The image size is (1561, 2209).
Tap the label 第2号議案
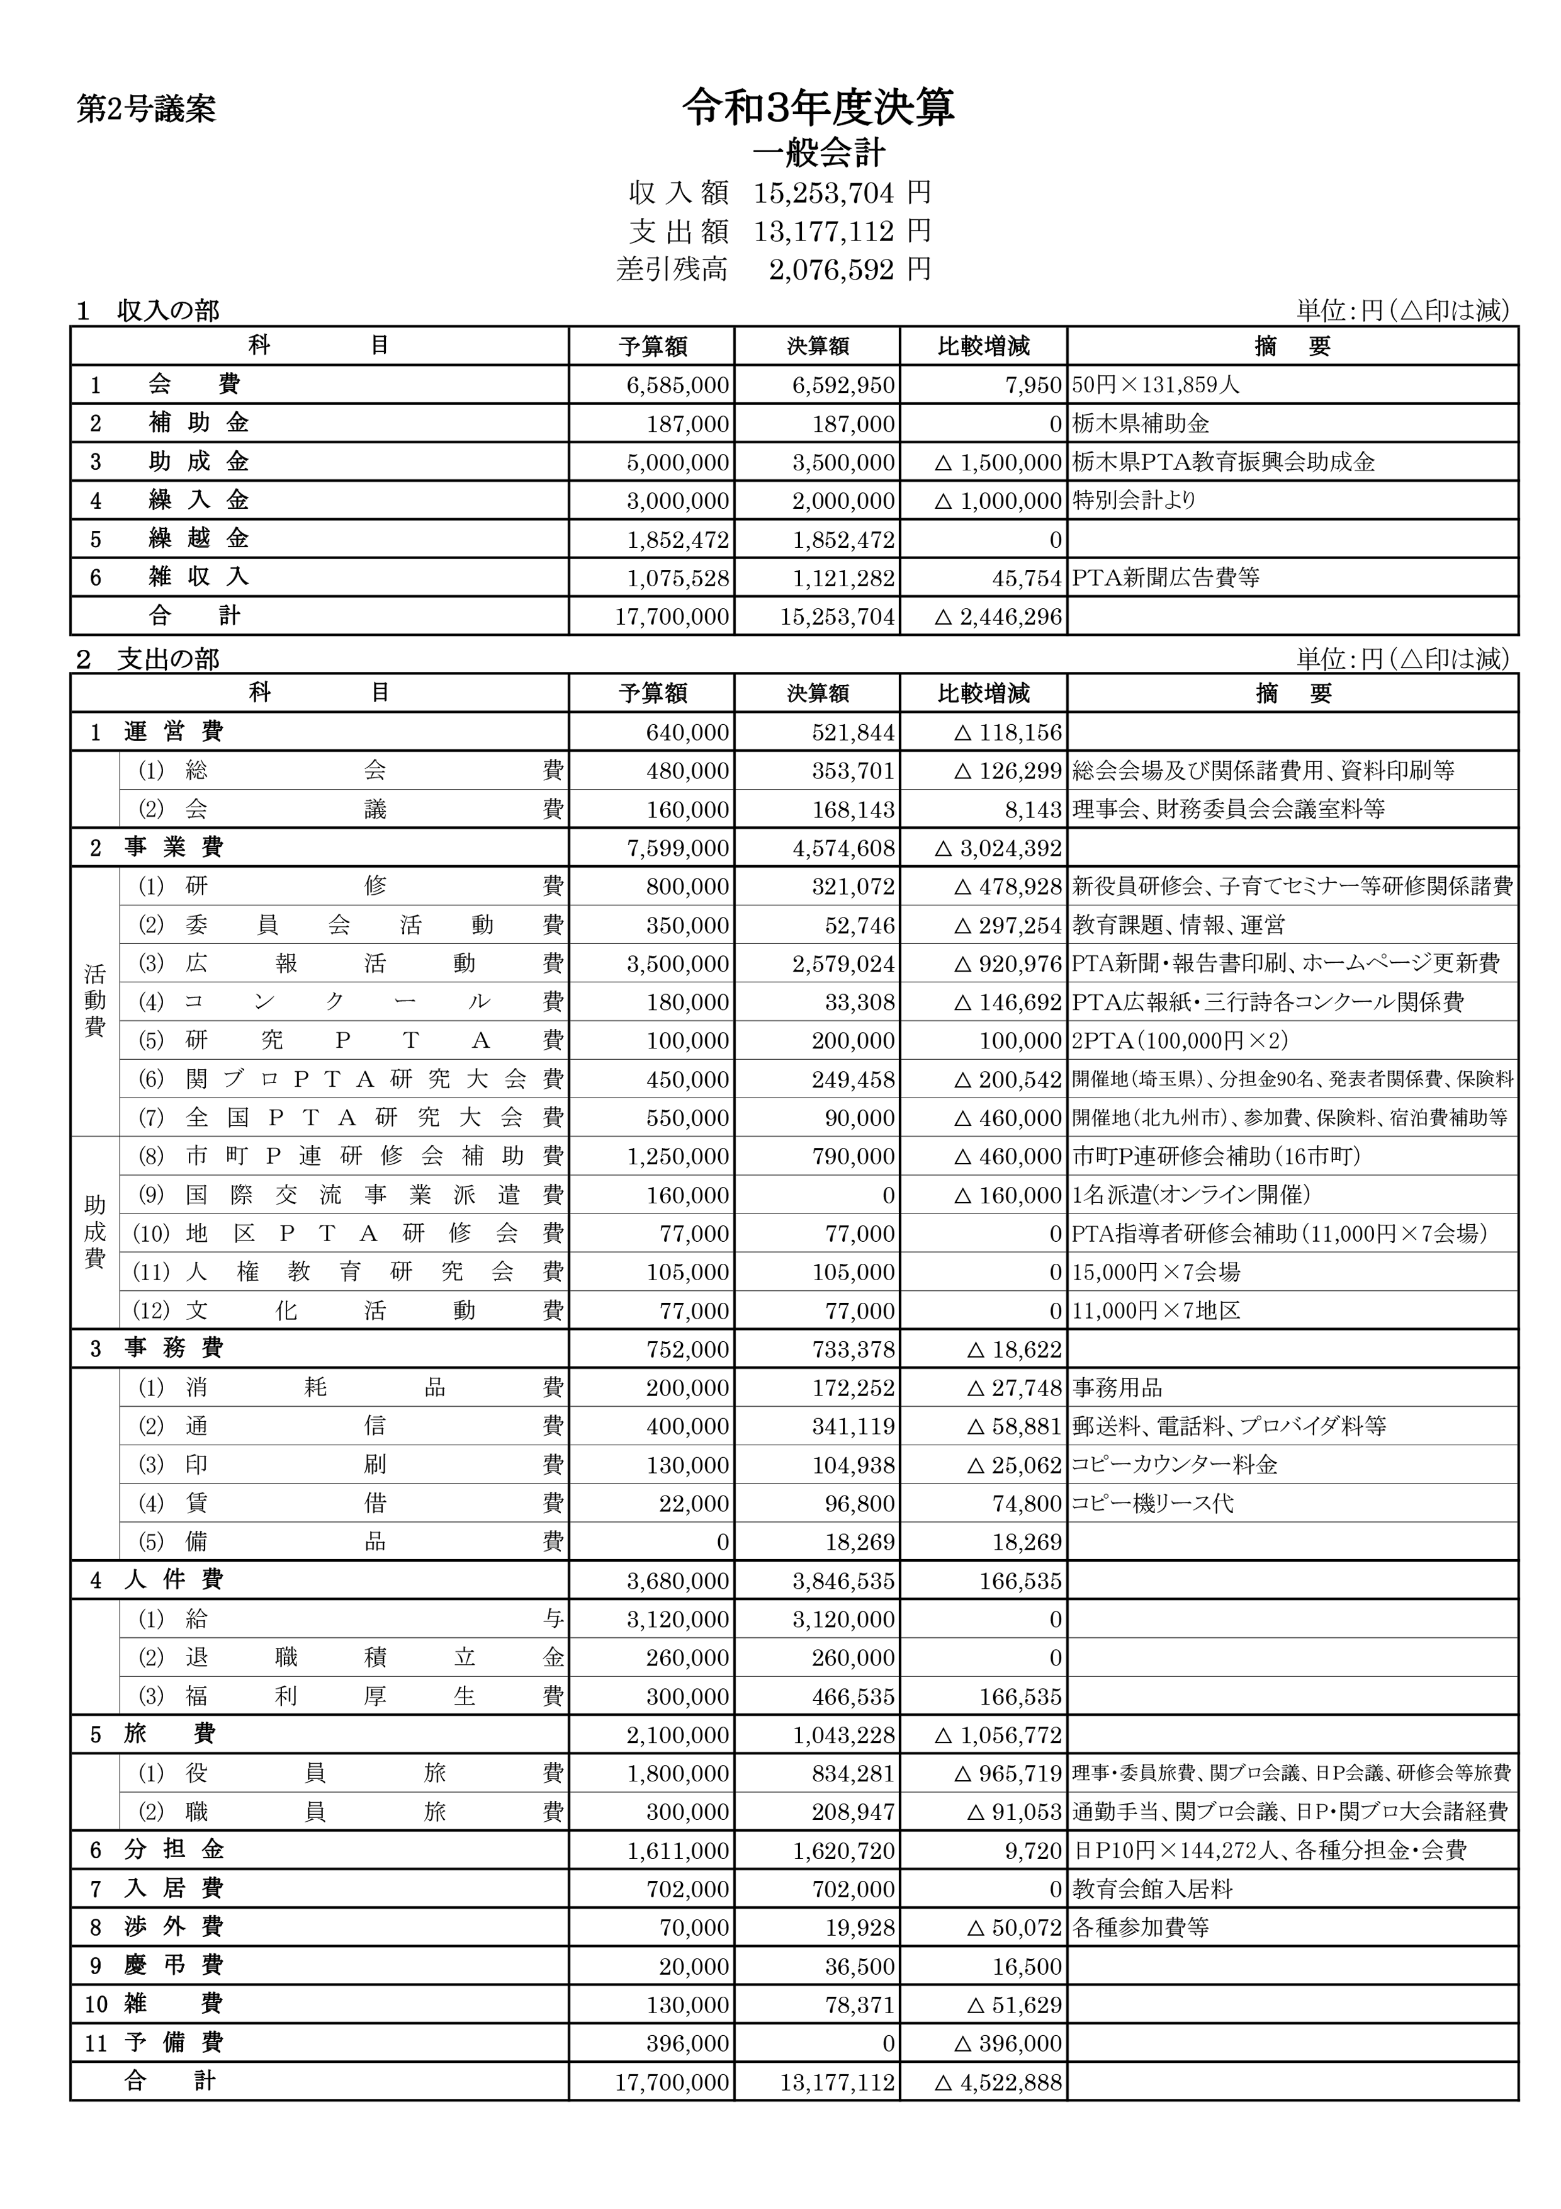point(146,110)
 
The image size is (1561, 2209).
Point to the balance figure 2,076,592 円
point(849,270)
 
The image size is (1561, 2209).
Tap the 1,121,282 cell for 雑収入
point(843,578)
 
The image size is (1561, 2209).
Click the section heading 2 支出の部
point(148,659)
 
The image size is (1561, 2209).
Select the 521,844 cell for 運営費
point(853,733)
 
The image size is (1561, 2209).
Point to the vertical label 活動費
point(94,1001)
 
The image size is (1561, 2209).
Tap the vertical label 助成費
point(94,1232)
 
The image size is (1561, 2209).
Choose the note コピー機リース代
point(1152,1503)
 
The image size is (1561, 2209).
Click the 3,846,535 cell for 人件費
point(843,1581)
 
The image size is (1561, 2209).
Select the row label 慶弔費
point(173,1965)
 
